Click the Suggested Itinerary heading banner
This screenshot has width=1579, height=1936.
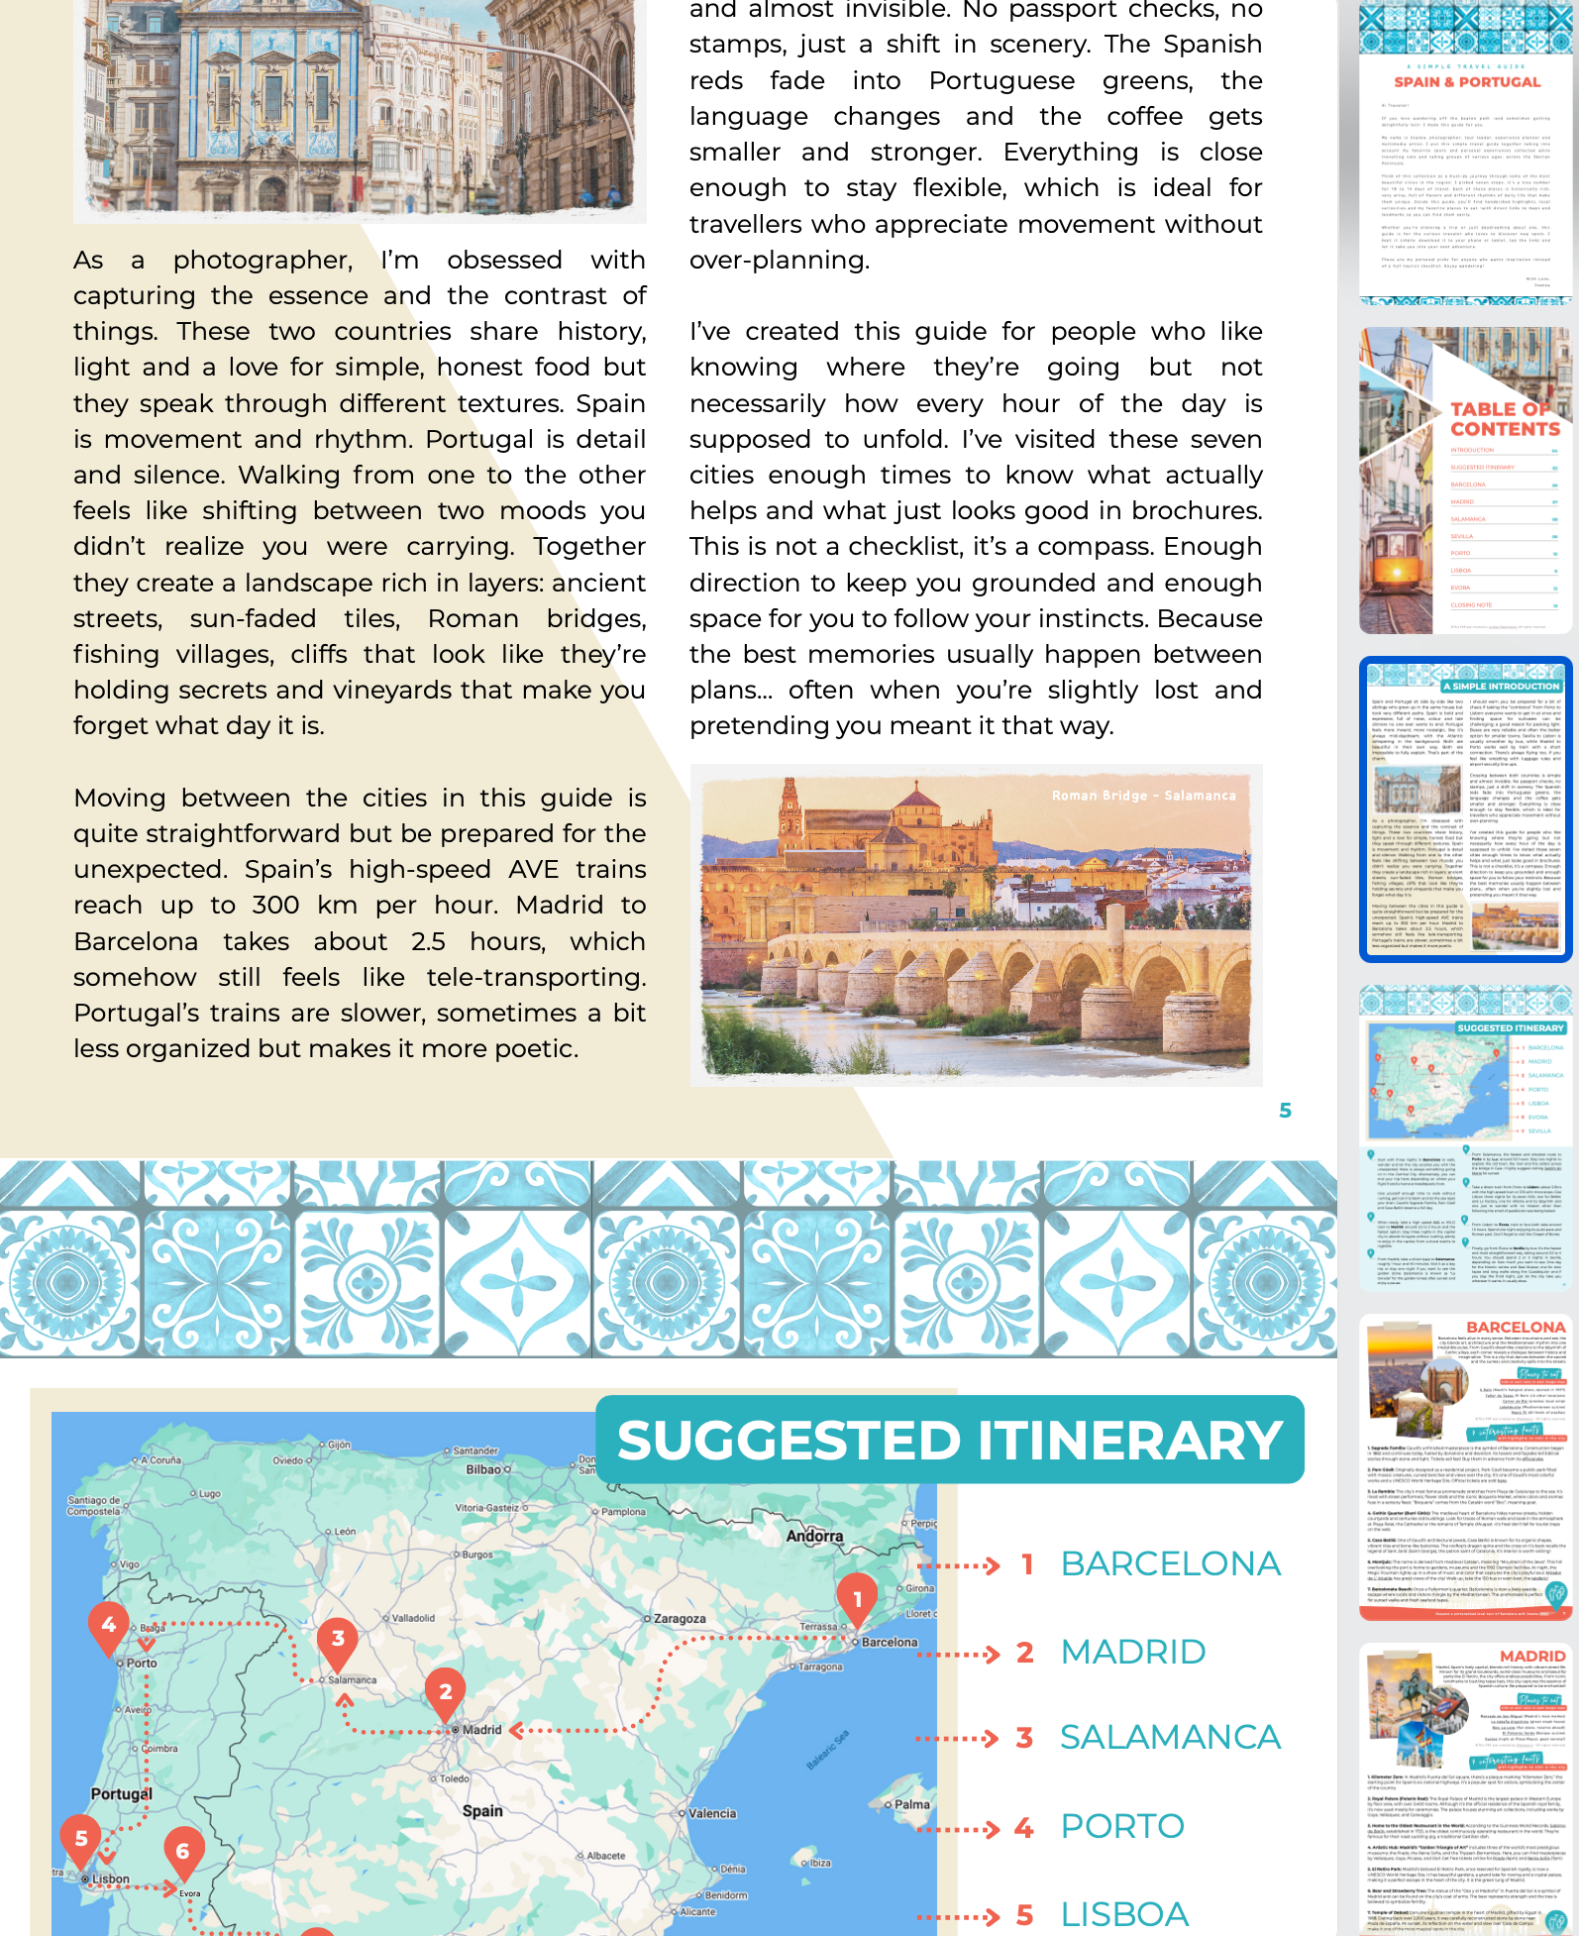(x=949, y=1440)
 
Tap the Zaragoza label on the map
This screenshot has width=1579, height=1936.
(x=680, y=1619)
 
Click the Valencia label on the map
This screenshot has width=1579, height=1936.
(x=712, y=1813)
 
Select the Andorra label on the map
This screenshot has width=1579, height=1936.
(x=814, y=1536)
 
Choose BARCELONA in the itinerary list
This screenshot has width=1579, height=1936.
(x=1170, y=1564)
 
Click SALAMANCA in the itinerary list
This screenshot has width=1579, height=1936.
(x=1170, y=1738)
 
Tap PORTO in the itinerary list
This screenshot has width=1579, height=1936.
(x=1122, y=1826)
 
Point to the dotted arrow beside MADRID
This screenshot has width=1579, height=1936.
(x=959, y=1654)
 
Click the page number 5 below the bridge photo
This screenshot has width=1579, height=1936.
(x=1285, y=1111)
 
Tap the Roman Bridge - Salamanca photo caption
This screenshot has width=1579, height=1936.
(x=1143, y=796)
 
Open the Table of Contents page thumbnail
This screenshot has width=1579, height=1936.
(x=1465, y=481)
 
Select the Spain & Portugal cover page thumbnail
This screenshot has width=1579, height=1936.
(x=1465, y=154)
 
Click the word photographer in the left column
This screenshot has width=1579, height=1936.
(x=262, y=261)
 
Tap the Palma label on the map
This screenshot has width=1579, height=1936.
(x=911, y=1804)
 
